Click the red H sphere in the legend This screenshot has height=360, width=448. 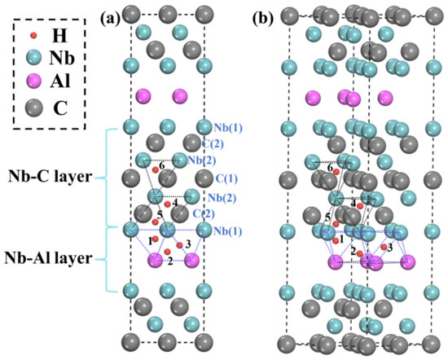(x=32, y=37)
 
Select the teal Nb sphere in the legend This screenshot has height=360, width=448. (x=32, y=57)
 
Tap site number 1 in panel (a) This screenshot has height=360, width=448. (x=152, y=240)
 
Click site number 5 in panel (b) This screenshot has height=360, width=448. (x=327, y=217)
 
